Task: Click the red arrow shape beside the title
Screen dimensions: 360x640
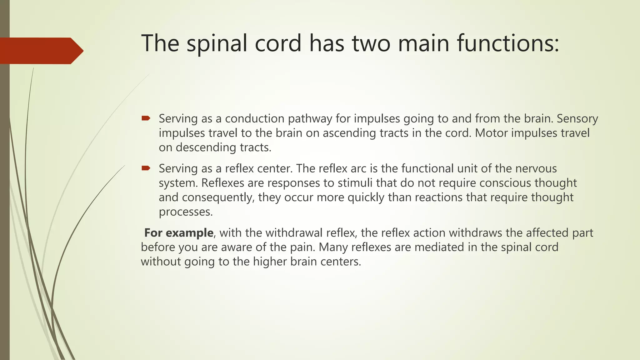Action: coord(41,51)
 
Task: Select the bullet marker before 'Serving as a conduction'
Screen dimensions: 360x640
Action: coord(146,118)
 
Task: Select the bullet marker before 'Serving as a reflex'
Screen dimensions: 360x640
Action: coord(146,168)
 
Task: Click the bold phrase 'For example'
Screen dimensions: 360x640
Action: coord(179,233)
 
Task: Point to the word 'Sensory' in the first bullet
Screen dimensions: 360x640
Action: coord(577,119)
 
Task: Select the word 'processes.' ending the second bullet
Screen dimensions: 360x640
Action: coord(186,212)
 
